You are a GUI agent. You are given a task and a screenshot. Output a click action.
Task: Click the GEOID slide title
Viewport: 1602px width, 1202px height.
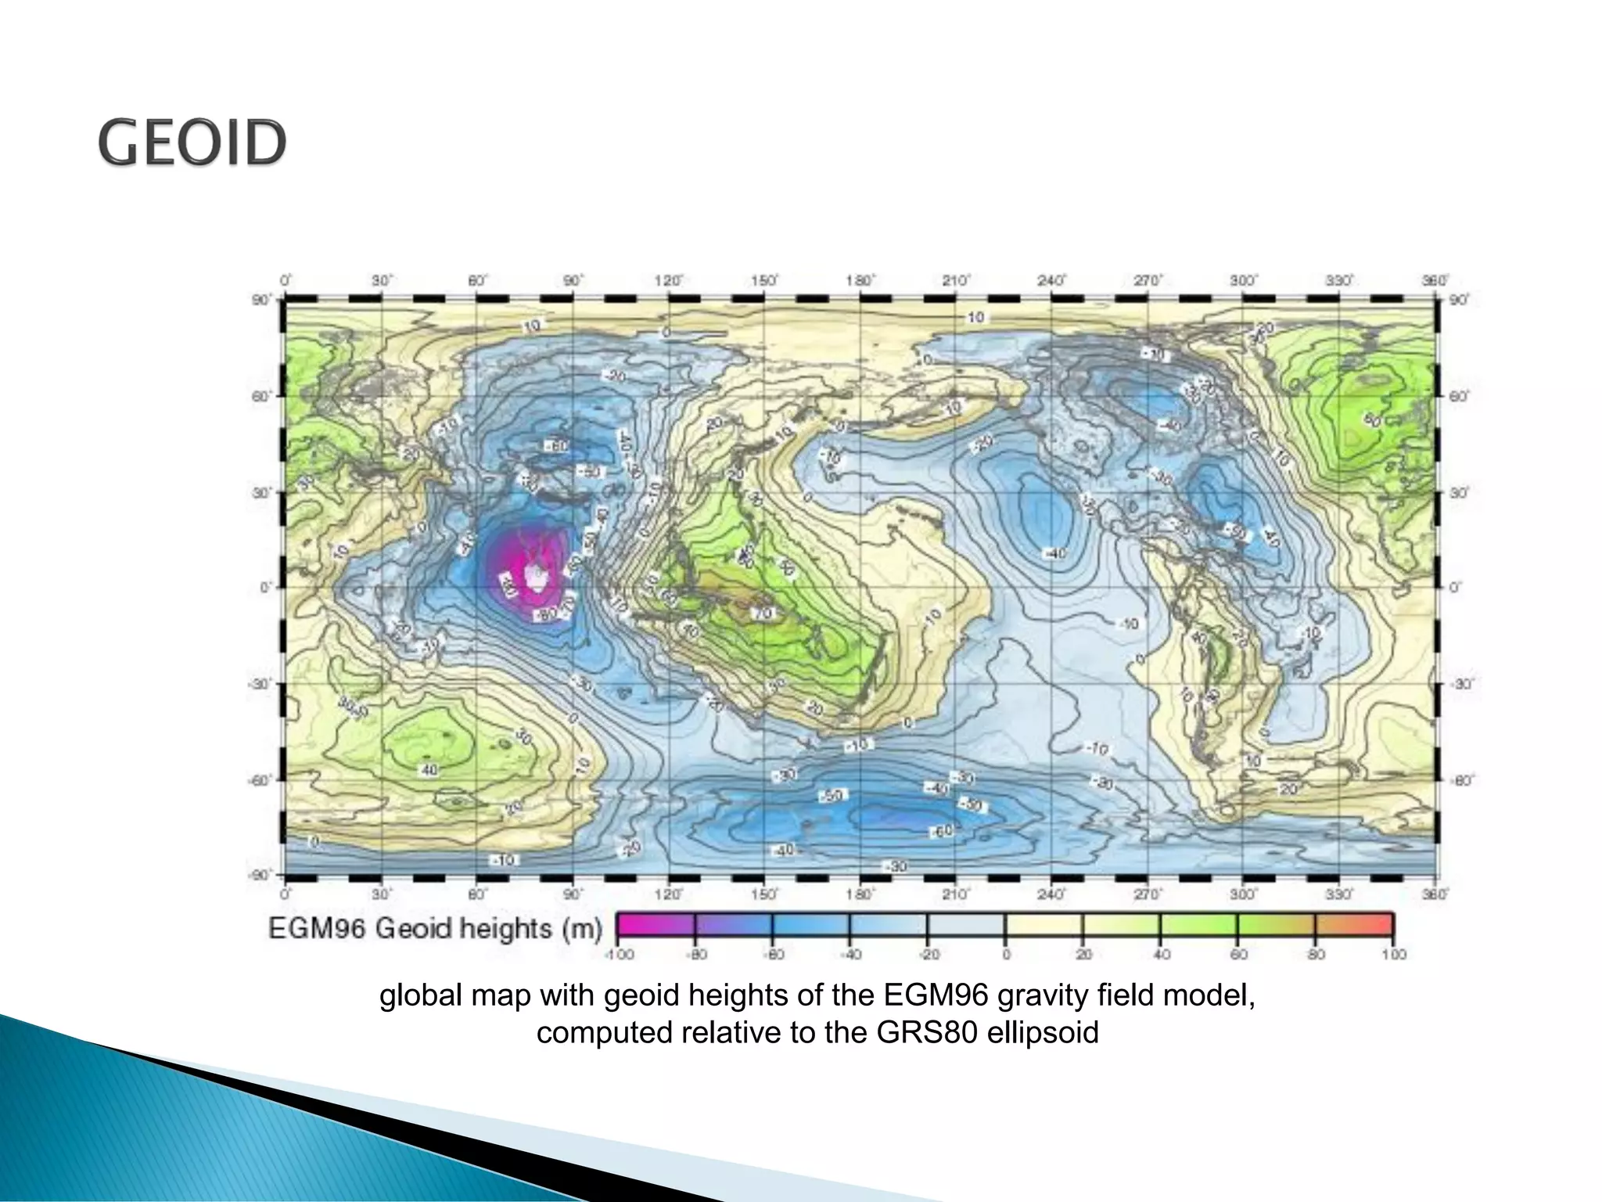coord(192,142)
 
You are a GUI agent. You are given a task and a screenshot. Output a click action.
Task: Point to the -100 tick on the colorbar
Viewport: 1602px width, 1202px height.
coord(619,955)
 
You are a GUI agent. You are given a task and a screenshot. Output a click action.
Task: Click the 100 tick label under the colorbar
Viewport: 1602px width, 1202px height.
coord(1394,955)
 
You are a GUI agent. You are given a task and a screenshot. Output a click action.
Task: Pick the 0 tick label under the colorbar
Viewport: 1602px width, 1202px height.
coord(1006,955)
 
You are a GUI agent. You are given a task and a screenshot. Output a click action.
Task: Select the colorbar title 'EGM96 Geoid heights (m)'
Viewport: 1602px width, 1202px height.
coord(435,929)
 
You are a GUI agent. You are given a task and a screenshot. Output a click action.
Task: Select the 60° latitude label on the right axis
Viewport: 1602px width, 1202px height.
coord(1458,396)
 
